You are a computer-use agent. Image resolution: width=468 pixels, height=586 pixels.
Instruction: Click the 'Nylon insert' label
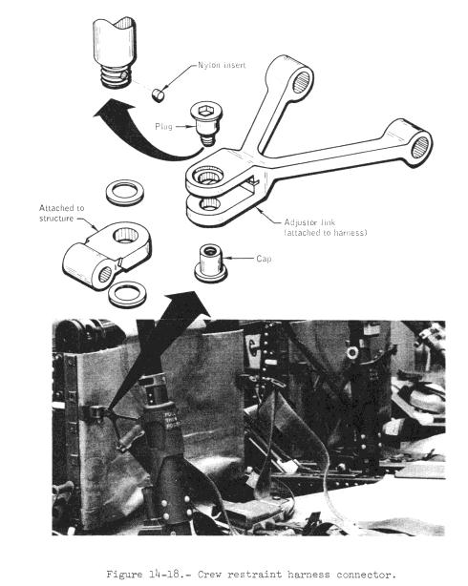222,65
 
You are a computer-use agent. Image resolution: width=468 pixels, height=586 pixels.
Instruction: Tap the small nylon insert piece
159,94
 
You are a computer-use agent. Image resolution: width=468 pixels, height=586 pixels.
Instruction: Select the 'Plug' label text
163,127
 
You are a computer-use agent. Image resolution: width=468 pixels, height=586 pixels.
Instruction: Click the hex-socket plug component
206,124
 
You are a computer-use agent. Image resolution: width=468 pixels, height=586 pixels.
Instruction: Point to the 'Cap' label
264,259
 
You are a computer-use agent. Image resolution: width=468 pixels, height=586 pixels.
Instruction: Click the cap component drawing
211,263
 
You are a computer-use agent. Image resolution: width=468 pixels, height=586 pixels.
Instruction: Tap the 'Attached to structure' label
62,213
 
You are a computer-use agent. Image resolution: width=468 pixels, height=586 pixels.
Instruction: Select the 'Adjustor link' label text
309,222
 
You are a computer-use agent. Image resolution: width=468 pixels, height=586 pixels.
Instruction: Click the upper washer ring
124,192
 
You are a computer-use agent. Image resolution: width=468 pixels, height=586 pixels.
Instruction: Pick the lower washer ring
127,294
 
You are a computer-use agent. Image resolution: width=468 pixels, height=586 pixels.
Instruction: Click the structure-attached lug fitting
107,254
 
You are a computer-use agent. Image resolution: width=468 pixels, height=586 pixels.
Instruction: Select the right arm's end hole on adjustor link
420,147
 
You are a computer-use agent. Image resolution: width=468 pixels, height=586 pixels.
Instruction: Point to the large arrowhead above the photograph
187,304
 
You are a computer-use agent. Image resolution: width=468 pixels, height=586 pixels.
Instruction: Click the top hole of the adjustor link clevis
208,175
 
